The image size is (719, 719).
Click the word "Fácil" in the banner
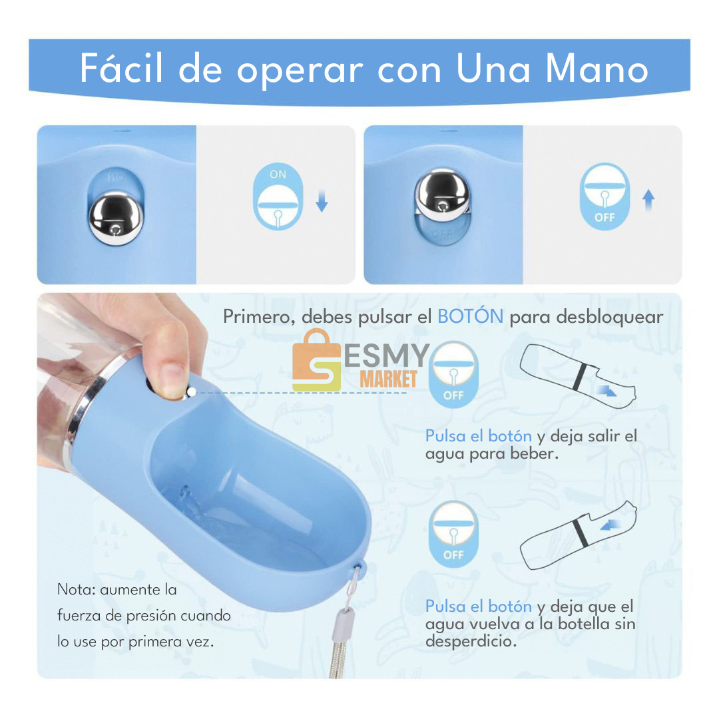(121, 68)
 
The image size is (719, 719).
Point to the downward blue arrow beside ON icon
(322, 201)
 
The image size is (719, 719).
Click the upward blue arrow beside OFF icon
(648, 200)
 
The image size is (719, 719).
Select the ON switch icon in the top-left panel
(278, 196)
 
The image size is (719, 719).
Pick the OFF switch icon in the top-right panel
(604, 196)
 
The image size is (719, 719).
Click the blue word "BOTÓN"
(471, 316)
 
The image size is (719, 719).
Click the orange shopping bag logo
(317, 360)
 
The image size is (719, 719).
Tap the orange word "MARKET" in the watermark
(388, 379)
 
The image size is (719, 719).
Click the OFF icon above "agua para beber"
(453, 374)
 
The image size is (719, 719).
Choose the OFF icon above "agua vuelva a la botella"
(453, 534)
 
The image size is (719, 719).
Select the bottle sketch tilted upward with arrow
(579, 535)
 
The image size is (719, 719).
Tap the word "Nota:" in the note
(76, 589)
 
